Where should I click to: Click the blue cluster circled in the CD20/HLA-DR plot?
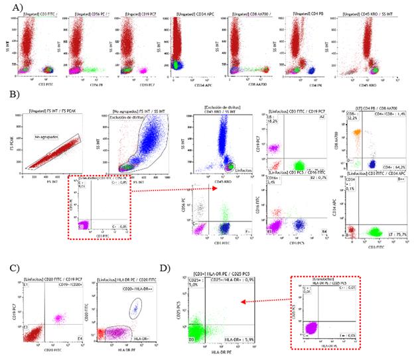tap(135, 306)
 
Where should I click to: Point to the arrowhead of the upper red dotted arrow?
tap(218, 189)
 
